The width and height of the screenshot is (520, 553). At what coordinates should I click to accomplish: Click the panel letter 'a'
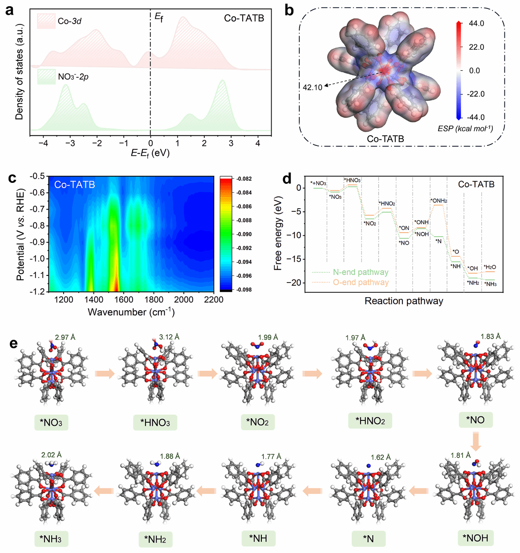coord(9,10)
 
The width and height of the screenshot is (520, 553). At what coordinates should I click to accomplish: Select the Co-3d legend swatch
coord(46,21)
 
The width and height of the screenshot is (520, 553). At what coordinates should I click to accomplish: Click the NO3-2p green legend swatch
coord(46,77)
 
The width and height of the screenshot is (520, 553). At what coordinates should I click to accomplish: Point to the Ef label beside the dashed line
coord(158,17)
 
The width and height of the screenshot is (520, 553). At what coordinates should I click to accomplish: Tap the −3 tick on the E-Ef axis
coord(70,143)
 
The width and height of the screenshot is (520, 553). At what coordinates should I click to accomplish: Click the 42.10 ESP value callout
coord(312,88)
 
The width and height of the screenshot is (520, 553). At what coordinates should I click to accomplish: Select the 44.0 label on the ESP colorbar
coord(476,24)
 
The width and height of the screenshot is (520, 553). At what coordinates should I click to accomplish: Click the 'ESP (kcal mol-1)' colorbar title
coord(465,129)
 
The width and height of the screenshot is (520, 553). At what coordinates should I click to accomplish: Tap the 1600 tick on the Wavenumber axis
coord(123,300)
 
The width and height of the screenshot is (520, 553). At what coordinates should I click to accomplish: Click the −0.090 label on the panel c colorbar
coord(244,234)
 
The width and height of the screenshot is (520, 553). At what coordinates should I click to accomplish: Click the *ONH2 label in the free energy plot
coord(439,201)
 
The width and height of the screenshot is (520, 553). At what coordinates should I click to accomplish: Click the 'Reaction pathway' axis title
coord(404,301)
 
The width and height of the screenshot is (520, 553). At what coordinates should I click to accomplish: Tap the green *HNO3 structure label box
coord(155,423)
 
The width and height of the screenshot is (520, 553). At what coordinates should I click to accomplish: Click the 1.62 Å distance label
coord(380,457)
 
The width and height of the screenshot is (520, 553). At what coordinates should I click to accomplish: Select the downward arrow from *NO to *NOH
coord(475,441)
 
